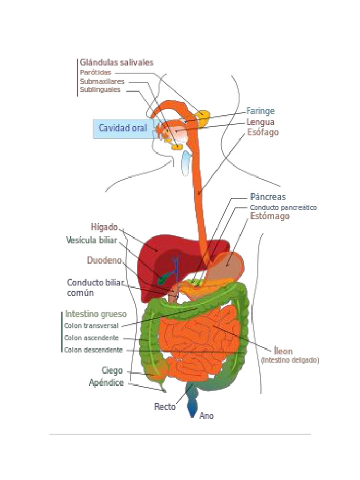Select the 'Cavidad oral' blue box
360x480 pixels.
pos(122,128)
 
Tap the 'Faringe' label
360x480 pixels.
pos(261,111)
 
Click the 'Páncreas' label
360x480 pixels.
pos(268,197)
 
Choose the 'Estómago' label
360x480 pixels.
pos(270,217)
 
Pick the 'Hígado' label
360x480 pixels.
pos(105,227)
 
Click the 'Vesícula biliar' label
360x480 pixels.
pos(92,240)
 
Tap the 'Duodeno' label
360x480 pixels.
pos(105,260)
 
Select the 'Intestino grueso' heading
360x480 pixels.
pos(96,314)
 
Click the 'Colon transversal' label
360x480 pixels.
pos(91,326)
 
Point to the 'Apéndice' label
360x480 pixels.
pos(106,383)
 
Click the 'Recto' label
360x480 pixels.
pos(165,407)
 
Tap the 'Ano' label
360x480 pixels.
pos(207,415)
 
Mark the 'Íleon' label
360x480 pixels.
pos(283,351)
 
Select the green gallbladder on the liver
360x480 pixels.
pos(163,279)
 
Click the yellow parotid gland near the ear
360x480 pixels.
pos(203,115)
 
